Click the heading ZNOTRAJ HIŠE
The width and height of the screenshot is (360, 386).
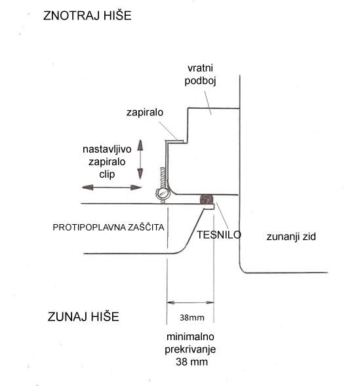pos(87,16)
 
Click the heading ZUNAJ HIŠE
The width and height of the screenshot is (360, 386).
pos(83,317)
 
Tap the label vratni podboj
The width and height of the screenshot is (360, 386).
pos(200,75)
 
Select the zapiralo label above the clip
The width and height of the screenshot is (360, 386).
pos(145,113)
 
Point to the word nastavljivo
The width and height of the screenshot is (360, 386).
pos(107,149)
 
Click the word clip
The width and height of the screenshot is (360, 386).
pos(107,174)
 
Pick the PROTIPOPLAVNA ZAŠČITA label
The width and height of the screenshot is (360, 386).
pos(108,227)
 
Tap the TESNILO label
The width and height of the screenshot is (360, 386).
pos(218,235)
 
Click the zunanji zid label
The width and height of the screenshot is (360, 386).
pos(291,237)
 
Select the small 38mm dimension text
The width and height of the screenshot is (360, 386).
pos(192,318)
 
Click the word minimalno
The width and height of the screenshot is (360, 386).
pos(190,336)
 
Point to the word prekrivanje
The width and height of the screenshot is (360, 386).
pos(190,349)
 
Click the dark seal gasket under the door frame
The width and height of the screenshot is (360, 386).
pos(207,199)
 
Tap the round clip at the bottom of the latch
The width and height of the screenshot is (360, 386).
pos(163,193)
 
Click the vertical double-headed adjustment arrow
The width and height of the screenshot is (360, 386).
pos(140,159)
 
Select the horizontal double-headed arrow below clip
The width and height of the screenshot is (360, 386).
pos(111,187)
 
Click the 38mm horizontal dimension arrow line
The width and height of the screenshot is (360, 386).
pos(190,303)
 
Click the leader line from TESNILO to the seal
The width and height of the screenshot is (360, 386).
pos(223,217)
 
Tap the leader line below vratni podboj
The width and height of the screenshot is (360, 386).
pos(208,104)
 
